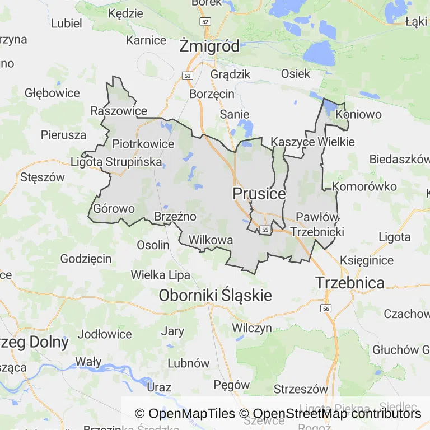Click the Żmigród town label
[209, 46]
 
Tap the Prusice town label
[259, 194]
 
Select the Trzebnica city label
[350, 282]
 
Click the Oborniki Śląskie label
[216, 295]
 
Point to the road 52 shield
[205, 21]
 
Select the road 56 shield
[326, 309]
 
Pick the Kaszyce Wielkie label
[312, 142]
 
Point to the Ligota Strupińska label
[116, 162]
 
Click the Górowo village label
[114, 208]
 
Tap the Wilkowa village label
[211, 240]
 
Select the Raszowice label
[119, 111]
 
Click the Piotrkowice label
[143, 144]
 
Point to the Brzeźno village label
[175, 216]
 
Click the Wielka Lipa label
[161, 275]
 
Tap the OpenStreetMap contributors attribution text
[337, 414]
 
